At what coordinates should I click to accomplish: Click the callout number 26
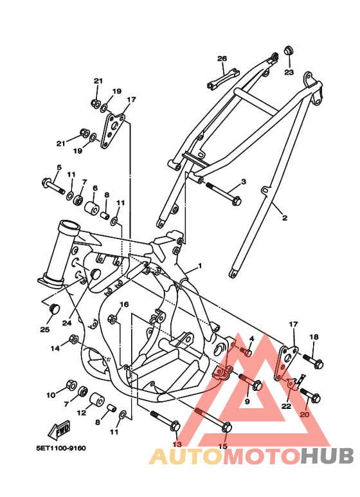click(222, 59)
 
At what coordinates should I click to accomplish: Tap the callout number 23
click(289, 73)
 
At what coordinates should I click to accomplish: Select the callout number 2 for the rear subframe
click(284, 217)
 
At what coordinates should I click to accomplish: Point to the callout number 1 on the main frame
click(199, 266)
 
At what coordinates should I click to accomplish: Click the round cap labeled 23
click(288, 50)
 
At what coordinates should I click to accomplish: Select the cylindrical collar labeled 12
click(96, 399)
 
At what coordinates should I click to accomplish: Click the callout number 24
click(67, 323)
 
